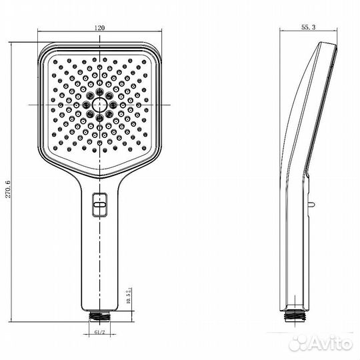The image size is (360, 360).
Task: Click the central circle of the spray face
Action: tap(101, 105)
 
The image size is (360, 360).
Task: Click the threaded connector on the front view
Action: tap(101, 313)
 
